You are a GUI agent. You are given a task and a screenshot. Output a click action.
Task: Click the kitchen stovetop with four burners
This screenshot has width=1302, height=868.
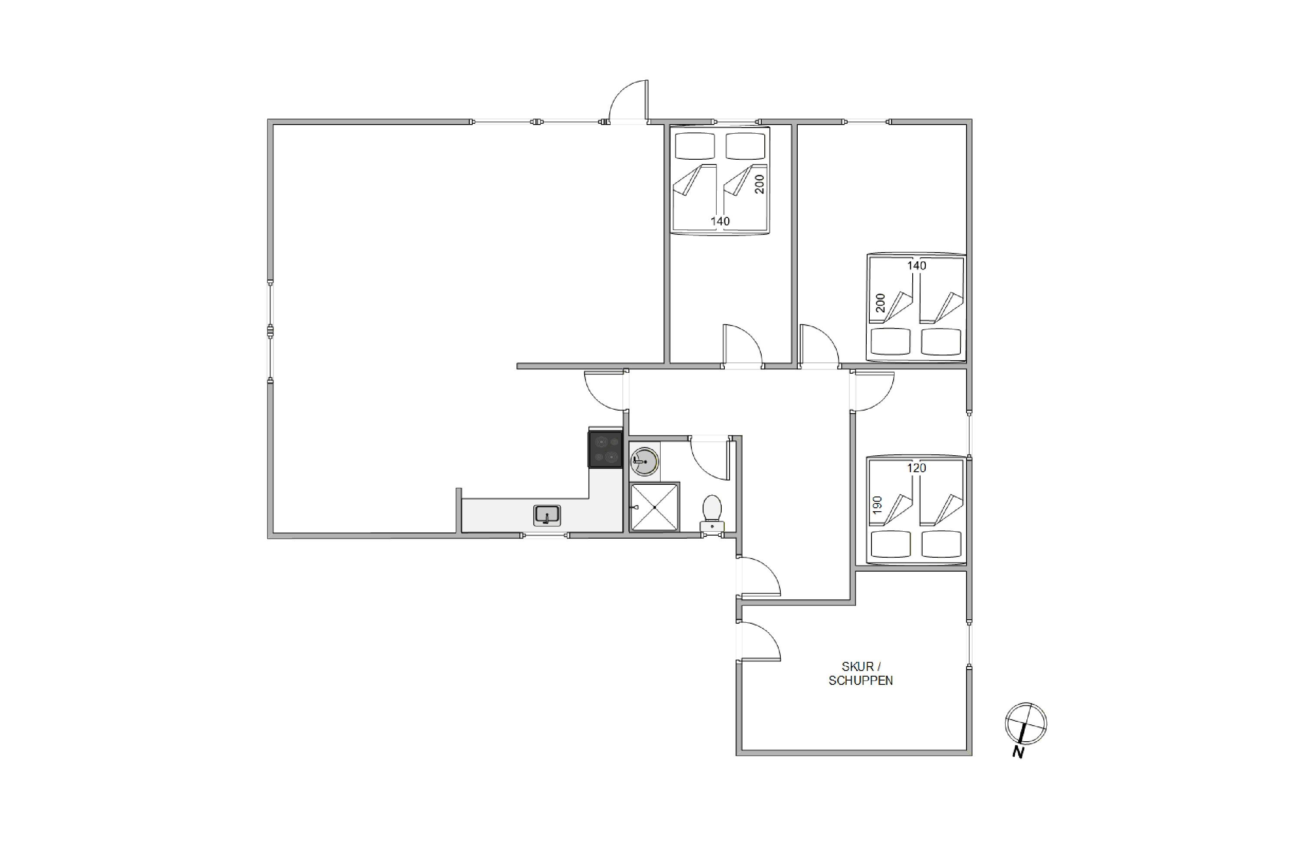pyautogui.click(x=605, y=449)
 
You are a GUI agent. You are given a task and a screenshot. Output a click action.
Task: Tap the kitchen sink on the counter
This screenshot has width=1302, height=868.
pyautogui.click(x=547, y=516)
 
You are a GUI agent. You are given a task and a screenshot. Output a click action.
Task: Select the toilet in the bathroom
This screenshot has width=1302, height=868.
pyautogui.click(x=712, y=514)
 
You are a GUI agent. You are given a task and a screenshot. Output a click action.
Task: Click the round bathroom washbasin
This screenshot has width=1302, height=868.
pyautogui.click(x=644, y=461)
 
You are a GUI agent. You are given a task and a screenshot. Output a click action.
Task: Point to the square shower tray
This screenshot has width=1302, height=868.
pyautogui.click(x=654, y=507)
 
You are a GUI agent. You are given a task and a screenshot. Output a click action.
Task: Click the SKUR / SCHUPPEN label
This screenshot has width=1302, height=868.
pyautogui.click(x=860, y=673)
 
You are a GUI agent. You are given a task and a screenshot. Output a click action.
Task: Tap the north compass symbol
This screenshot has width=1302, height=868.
pyautogui.click(x=1026, y=723)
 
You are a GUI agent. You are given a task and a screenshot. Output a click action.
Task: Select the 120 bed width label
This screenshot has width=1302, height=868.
pyautogui.click(x=916, y=468)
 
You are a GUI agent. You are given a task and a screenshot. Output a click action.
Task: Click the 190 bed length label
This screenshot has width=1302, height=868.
pyautogui.click(x=877, y=505)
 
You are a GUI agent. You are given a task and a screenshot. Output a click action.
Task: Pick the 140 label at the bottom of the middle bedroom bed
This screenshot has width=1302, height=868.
pyautogui.click(x=720, y=221)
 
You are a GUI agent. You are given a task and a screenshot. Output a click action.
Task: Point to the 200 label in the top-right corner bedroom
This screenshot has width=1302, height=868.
pyautogui.click(x=880, y=303)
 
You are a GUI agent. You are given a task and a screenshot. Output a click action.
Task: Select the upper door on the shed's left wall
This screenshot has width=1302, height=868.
pyautogui.click(x=758, y=577)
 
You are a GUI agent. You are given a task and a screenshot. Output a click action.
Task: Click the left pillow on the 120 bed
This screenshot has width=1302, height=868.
pyautogui.click(x=890, y=544)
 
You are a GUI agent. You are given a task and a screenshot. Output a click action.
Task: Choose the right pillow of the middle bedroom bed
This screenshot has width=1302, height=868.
pyautogui.click(x=745, y=146)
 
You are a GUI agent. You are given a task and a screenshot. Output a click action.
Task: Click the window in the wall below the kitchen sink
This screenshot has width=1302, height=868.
pyautogui.click(x=545, y=535)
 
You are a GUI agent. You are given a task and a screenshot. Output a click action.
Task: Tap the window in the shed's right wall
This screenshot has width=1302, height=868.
pyautogui.click(x=969, y=645)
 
